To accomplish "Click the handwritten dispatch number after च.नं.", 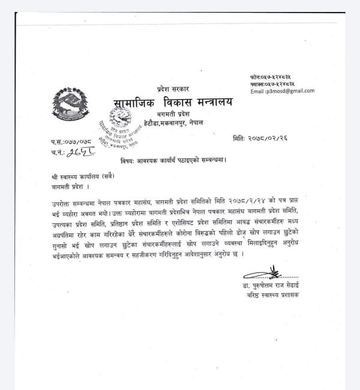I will coord(79,152).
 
